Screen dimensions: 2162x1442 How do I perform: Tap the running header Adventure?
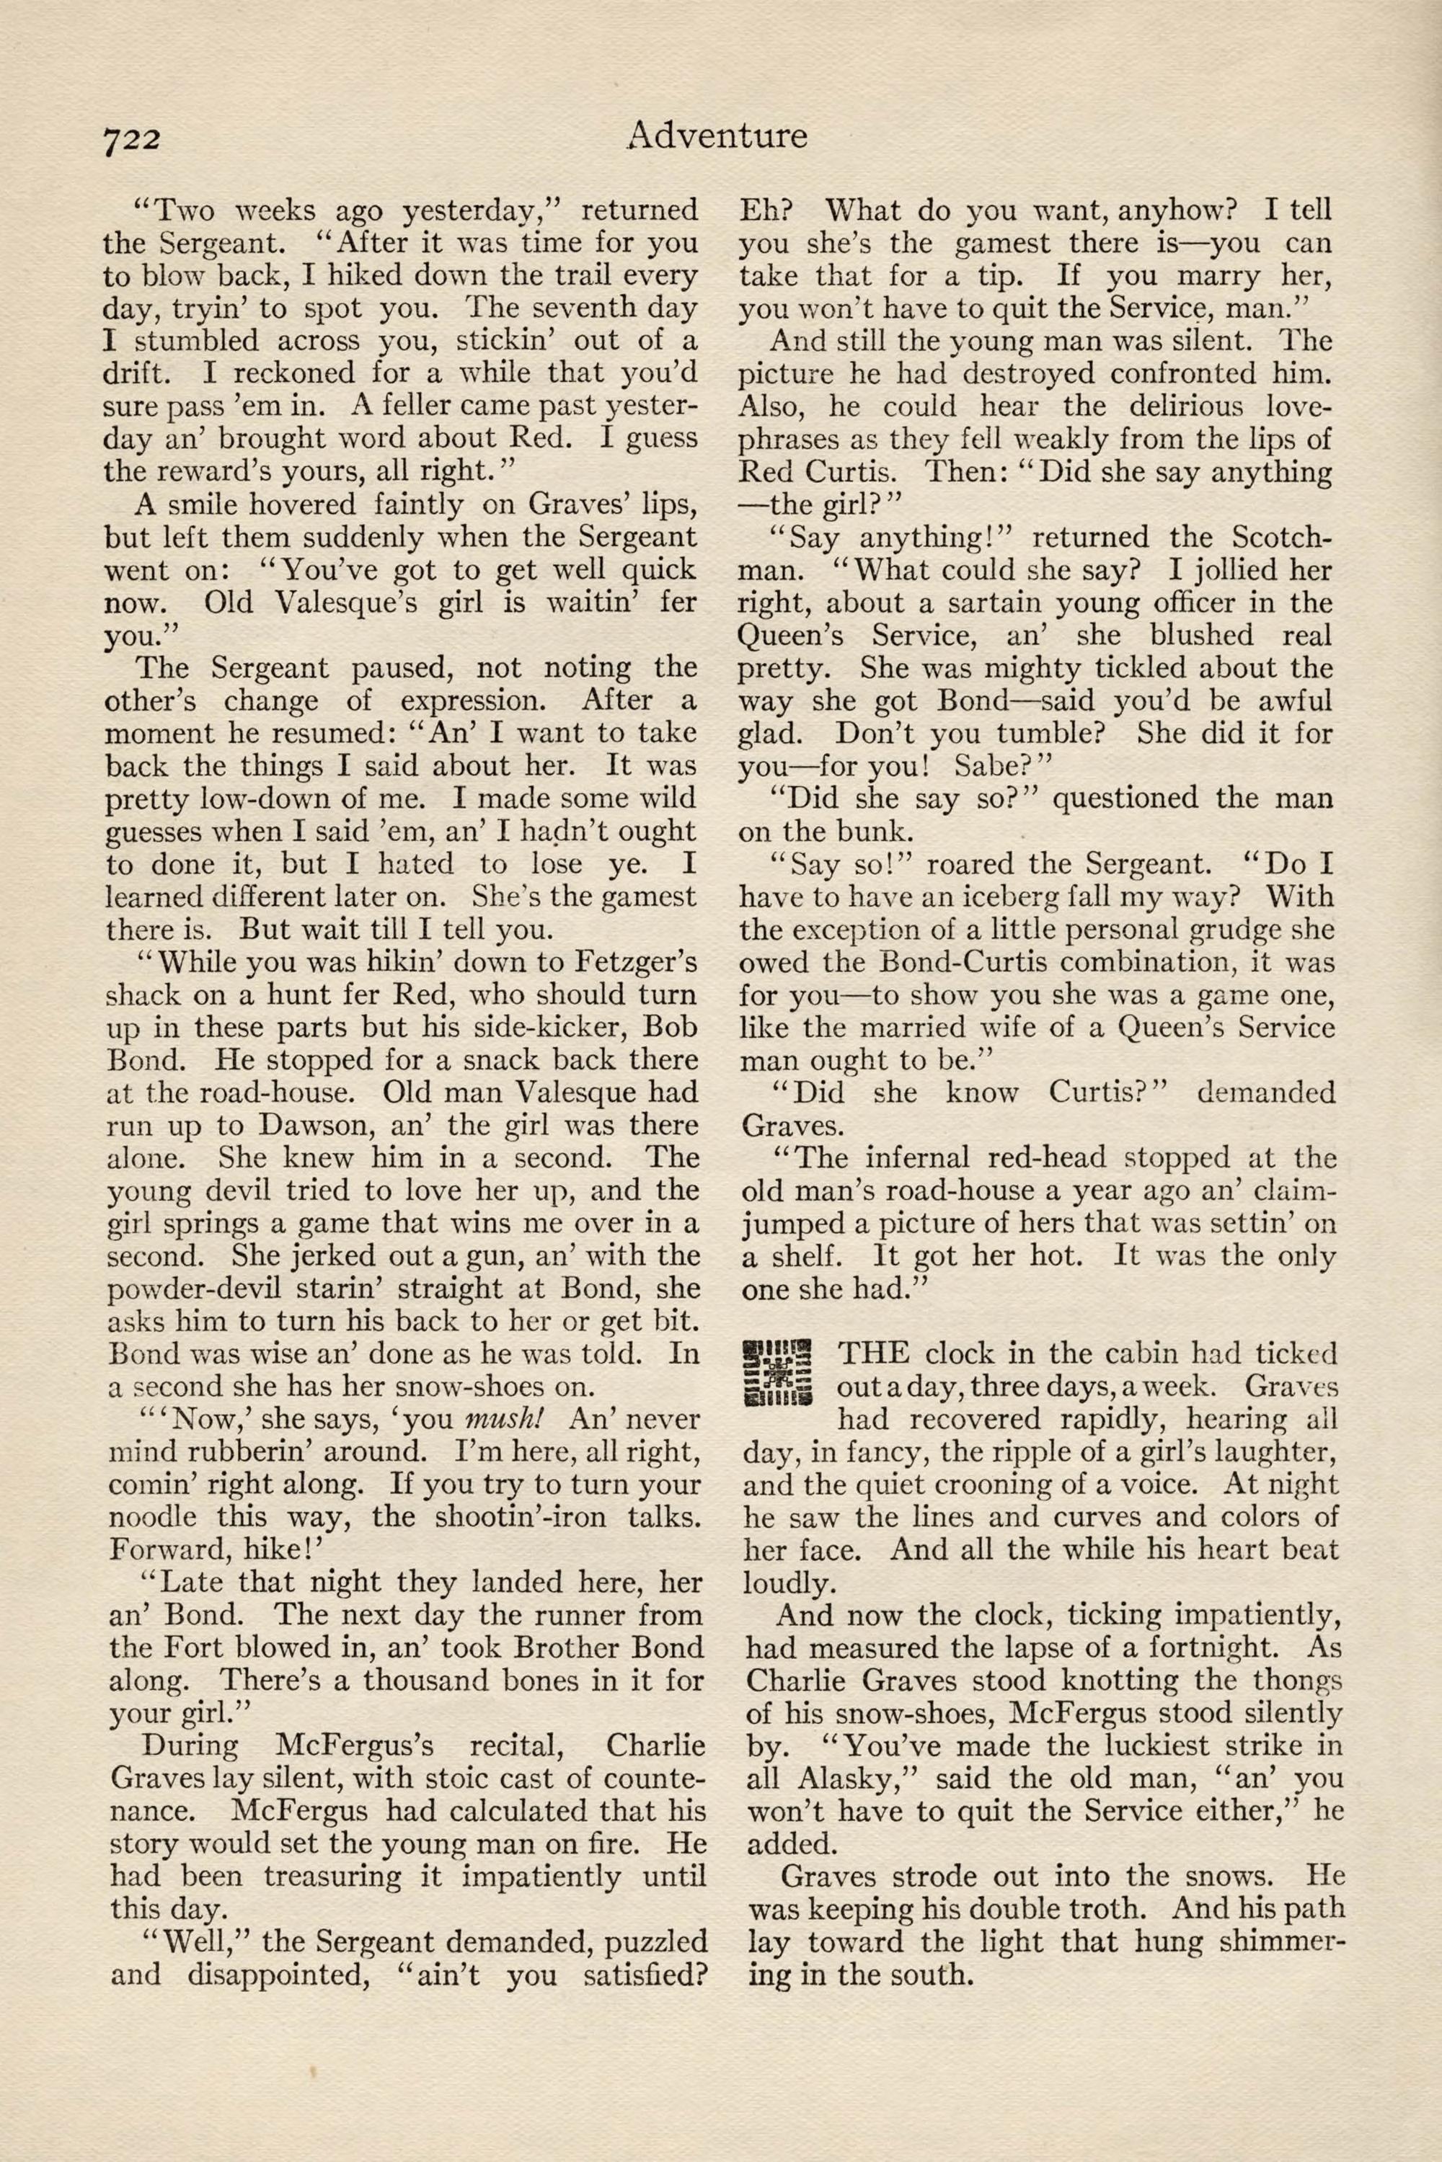(715, 136)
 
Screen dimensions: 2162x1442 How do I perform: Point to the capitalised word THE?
(874, 1354)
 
